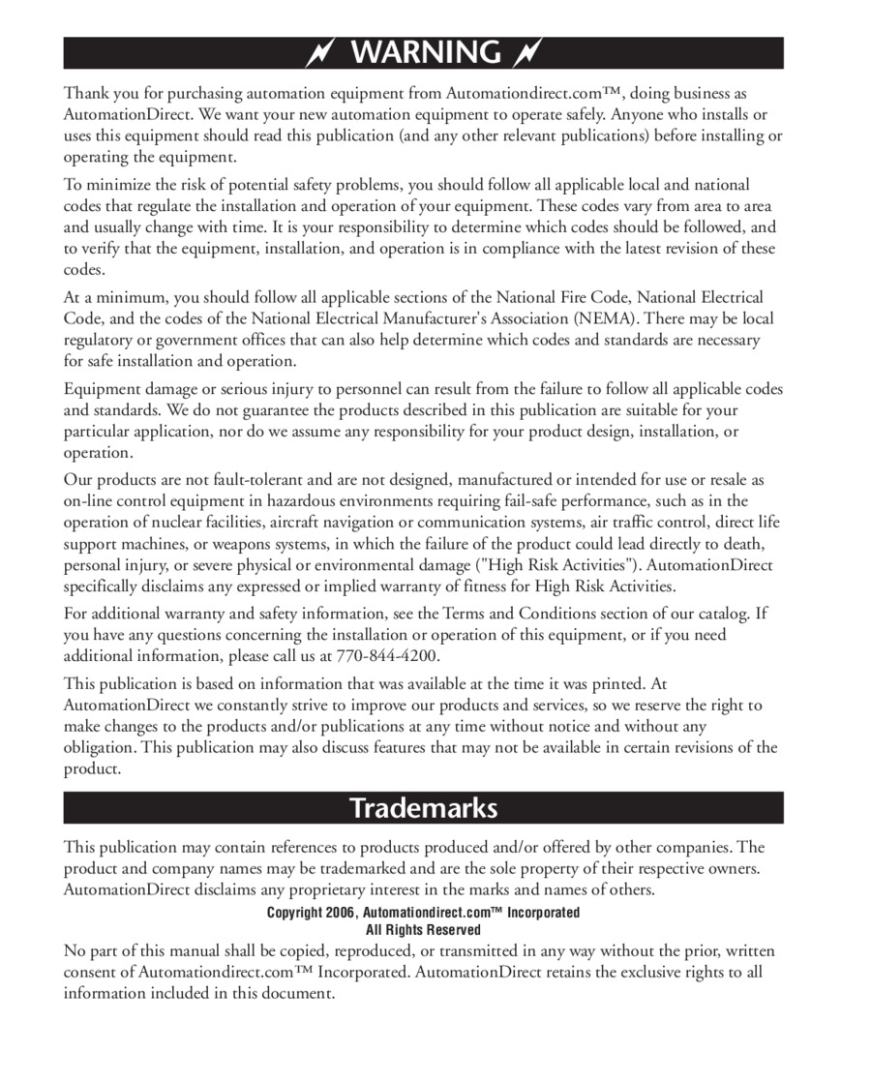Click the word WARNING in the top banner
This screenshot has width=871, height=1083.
(x=426, y=52)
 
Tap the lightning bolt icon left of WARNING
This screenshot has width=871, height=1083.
(x=319, y=52)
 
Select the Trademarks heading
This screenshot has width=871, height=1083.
(x=423, y=807)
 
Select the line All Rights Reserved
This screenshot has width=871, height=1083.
(x=423, y=930)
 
